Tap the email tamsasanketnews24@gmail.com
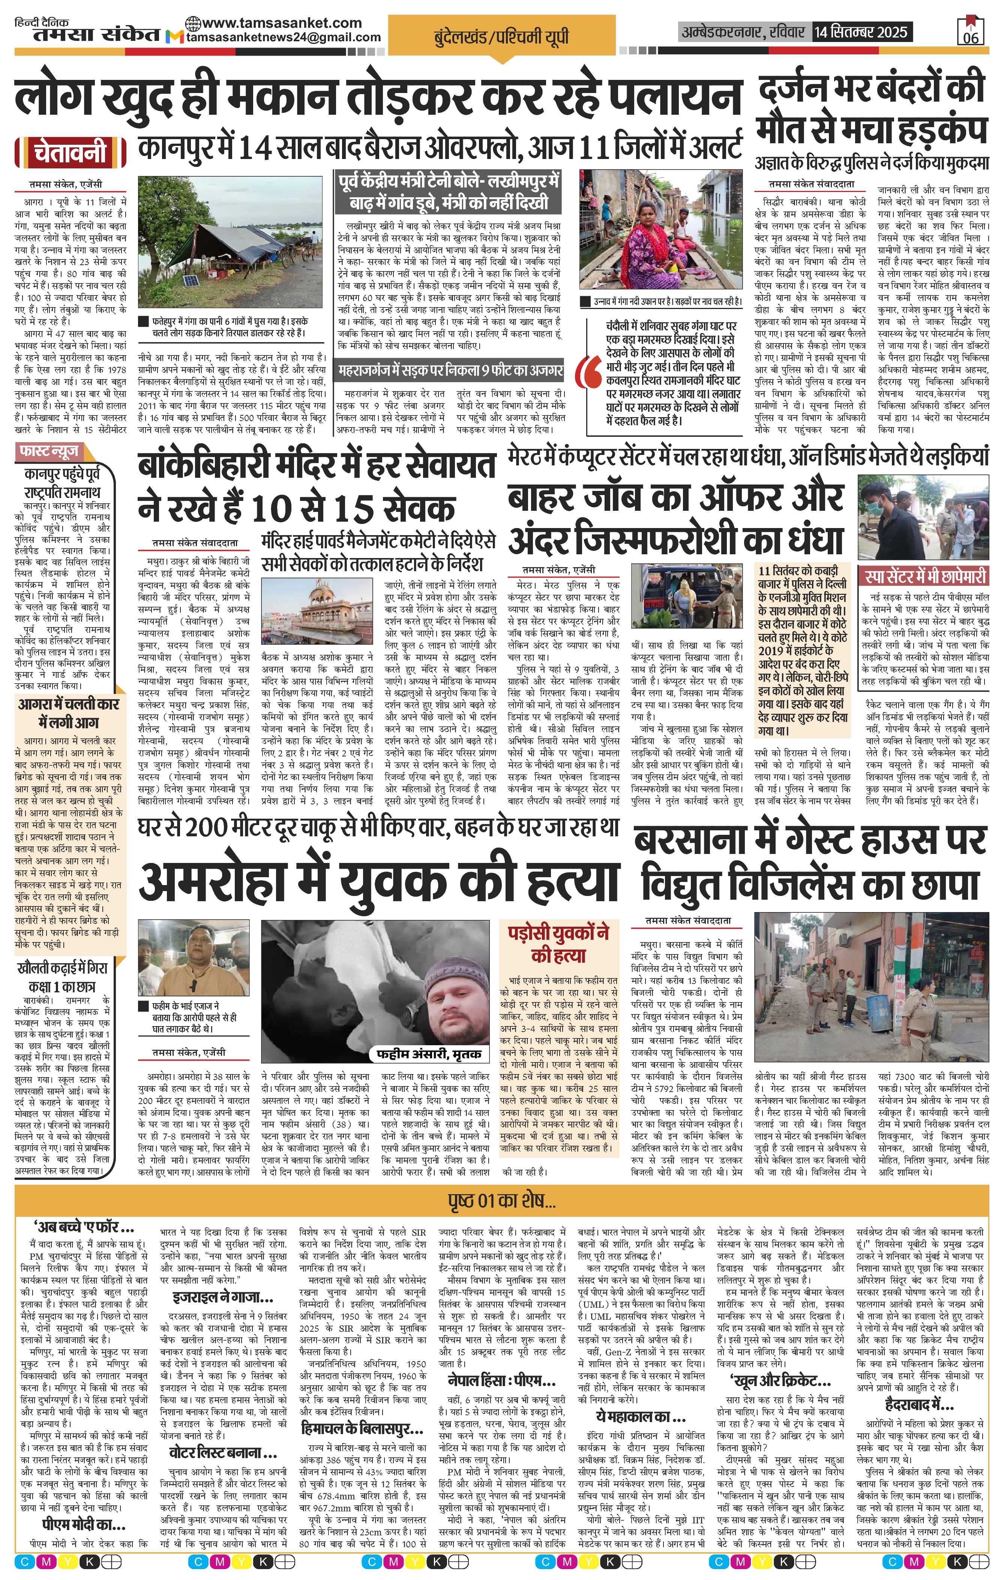(284, 38)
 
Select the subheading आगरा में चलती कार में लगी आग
(68, 714)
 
